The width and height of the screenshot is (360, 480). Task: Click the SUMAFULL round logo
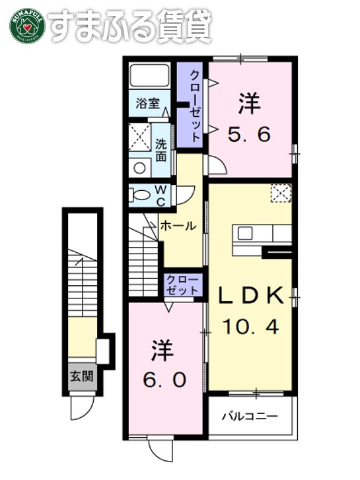click(x=25, y=26)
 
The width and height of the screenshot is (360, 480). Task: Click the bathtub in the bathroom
click(x=150, y=77)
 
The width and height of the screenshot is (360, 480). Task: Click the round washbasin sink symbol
click(x=140, y=167)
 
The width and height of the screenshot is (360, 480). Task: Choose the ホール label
click(x=178, y=226)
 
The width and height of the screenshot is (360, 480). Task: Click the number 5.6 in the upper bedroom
click(x=250, y=135)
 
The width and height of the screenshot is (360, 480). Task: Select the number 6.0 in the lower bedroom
click(x=162, y=380)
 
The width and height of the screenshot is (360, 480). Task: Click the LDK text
click(x=251, y=297)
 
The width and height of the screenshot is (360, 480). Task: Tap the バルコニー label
click(x=249, y=417)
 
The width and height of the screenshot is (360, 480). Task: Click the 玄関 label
click(x=82, y=378)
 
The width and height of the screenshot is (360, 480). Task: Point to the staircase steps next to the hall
click(x=143, y=254)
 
